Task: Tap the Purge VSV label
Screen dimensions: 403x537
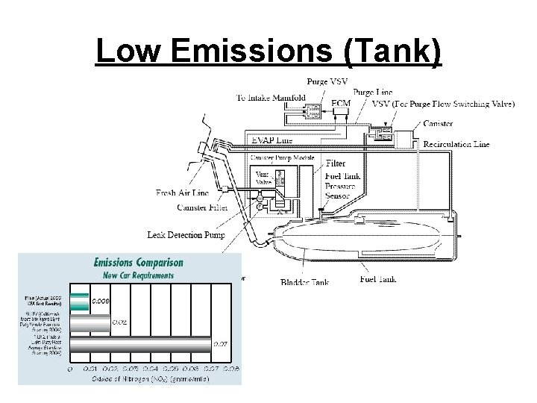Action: coord(327,81)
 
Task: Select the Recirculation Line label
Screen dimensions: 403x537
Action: coord(456,144)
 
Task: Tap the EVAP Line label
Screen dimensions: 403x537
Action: coord(272,140)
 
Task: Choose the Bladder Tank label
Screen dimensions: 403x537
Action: coord(304,282)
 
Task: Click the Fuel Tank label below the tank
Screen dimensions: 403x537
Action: coord(377,279)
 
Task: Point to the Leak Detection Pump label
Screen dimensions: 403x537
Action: coord(186,235)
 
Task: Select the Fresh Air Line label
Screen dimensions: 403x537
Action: coord(182,193)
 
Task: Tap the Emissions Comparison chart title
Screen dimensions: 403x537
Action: coord(138,262)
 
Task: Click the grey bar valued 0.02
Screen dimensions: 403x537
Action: coord(89,322)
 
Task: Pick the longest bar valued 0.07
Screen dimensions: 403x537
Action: coord(142,345)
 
